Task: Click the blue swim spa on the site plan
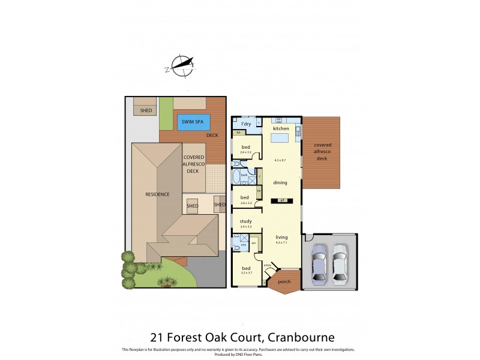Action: click(193, 122)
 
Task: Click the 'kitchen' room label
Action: click(281, 129)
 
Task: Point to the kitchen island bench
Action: click(280, 138)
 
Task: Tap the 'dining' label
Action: click(280, 182)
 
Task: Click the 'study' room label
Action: click(246, 221)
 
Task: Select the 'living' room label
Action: click(281, 237)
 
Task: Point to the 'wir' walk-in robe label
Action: click(254, 242)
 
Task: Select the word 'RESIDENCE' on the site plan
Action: click(157, 194)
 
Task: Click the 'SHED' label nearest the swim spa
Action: click(146, 110)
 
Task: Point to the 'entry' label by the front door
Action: click(268, 265)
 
